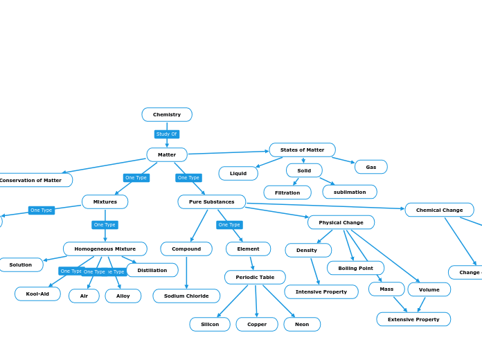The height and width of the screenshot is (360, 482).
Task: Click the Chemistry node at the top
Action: tap(167, 114)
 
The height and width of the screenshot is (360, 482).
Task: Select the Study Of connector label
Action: tap(167, 134)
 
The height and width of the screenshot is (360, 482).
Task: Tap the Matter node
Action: tap(167, 154)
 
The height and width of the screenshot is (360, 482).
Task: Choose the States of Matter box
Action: tap(302, 150)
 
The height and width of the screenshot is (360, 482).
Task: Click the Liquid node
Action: tap(238, 173)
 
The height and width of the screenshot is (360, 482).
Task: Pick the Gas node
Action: tap(371, 167)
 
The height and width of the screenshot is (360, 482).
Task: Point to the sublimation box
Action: tap(350, 192)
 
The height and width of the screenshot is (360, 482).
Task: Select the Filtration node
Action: tap(287, 192)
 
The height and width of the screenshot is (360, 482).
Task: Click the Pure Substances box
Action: tap(211, 201)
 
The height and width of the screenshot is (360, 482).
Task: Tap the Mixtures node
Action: tap(105, 201)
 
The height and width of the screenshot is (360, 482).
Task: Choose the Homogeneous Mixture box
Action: tap(105, 249)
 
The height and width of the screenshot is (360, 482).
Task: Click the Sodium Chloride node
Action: tap(186, 296)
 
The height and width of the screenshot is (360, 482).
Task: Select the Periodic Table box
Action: tap(255, 277)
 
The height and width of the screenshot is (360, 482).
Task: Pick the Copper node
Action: tap(257, 324)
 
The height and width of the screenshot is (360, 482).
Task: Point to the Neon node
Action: tap(302, 324)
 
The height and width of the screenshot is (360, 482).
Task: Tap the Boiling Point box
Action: tap(355, 268)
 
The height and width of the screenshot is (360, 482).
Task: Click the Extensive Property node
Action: tap(413, 319)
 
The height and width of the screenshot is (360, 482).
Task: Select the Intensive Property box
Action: tap(321, 291)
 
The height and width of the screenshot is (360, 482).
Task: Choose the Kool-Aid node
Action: tap(37, 294)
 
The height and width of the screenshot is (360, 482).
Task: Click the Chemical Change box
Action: tap(439, 210)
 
